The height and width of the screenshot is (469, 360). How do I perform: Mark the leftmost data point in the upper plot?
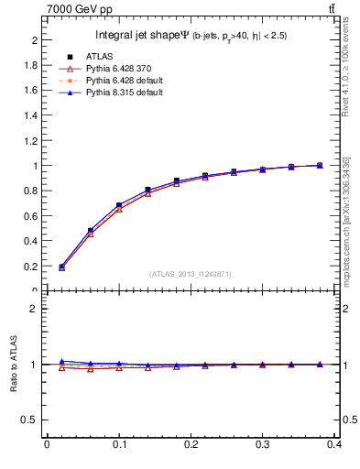(x=61, y=267)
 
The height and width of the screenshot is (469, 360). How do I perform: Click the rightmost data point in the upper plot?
(x=320, y=166)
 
